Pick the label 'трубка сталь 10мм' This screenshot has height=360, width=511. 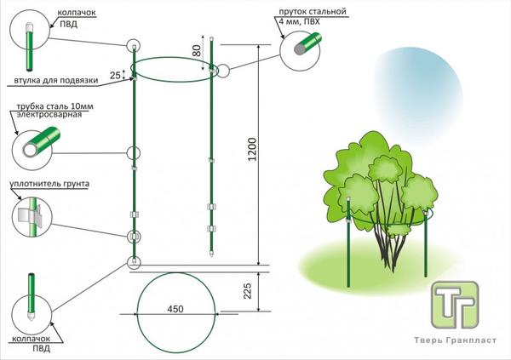pos(49,105)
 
